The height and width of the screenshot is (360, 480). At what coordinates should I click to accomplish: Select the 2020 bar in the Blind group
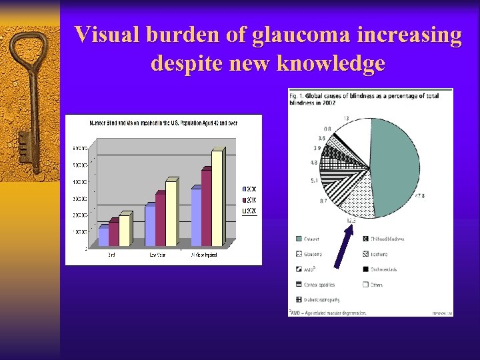tap(124, 230)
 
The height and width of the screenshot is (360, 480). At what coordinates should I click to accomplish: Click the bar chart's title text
tap(164, 123)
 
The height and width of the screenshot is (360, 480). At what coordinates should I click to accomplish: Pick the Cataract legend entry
tap(310, 239)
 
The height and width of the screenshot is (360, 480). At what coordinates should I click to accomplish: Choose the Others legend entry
tap(377, 285)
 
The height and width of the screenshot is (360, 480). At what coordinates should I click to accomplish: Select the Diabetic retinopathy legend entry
tap(319, 299)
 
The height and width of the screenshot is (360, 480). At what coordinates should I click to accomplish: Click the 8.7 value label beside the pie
tap(323, 201)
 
